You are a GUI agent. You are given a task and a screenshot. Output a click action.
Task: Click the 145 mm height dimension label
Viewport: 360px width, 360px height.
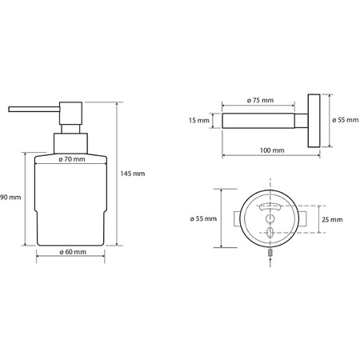133,174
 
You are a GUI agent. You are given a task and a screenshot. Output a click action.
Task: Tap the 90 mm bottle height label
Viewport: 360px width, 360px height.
10,198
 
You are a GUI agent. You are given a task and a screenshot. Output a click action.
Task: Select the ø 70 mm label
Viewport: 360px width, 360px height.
72,159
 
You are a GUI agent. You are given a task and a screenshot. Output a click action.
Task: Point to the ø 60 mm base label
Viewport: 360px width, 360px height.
73,252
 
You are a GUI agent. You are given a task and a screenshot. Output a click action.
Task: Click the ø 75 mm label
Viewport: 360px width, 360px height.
260,100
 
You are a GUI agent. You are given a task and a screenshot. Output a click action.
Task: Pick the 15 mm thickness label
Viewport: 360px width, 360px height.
199,121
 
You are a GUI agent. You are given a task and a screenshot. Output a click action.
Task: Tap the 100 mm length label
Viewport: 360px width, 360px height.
272,150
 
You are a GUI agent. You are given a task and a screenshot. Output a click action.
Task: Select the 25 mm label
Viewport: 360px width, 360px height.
332,219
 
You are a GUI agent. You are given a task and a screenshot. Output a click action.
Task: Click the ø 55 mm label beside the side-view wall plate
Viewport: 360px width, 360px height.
346,120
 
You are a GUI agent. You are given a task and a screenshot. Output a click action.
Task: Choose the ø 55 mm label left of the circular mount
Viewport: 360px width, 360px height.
203,218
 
